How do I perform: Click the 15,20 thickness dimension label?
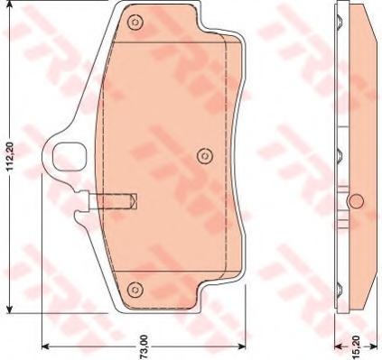click(x=355, y=350)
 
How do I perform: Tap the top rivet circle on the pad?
click(x=135, y=23)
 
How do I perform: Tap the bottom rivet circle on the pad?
click(x=135, y=290)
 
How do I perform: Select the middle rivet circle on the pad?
click(x=205, y=156)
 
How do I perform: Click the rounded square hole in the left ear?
click(x=69, y=157)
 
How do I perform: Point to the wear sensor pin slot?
click(x=113, y=201)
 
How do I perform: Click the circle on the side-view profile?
click(x=356, y=201)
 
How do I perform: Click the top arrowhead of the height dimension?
click(x=10, y=5)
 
